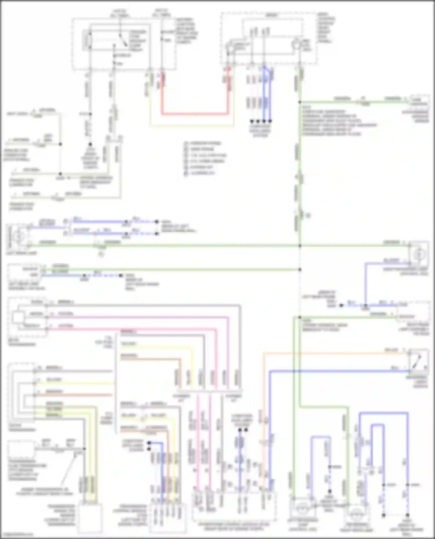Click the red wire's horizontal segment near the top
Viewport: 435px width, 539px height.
(194, 114)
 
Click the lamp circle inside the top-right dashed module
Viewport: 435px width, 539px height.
(296, 45)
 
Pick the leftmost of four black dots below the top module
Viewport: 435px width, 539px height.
(252, 121)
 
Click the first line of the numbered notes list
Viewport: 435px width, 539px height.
(203, 143)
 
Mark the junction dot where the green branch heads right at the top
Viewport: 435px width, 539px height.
(300, 102)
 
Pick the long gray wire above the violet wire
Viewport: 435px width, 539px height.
(145, 305)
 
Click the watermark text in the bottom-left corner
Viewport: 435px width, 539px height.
(13, 535)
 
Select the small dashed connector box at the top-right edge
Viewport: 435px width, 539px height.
(420, 100)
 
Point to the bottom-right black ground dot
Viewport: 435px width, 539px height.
(407, 515)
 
